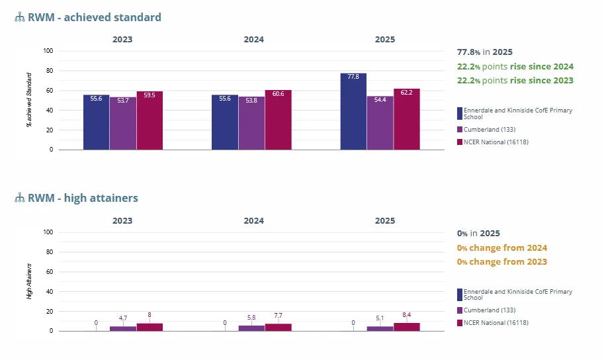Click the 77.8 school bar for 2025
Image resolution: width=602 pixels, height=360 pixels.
click(x=353, y=111)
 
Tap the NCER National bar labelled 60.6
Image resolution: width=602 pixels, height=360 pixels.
click(x=278, y=120)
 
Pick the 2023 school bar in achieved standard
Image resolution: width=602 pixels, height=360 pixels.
click(x=97, y=122)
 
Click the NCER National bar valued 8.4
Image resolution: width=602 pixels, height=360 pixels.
click(x=406, y=327)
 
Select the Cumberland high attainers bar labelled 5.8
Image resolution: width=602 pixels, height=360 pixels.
click(x=251, y=328)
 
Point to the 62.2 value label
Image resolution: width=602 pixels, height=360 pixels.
click(x=407, y=93)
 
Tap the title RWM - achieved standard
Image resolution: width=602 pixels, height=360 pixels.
click(x=94, y=17)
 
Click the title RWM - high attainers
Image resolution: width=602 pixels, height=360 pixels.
click(x=83, y=198)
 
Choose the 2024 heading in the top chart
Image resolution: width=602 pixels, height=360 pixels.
click(x=253, y=40)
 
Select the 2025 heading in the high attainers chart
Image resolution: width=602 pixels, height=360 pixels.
click(x=385, y=221)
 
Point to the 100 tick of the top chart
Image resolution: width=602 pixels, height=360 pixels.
click(x=48, y=51)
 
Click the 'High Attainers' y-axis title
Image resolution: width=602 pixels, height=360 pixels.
click(x=29, y=281)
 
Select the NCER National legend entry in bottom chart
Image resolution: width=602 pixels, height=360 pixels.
click(x=495, y=323)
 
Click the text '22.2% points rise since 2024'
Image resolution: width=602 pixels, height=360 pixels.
click(x=515, y=67)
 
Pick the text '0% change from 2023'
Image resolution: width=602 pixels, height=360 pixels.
click(x=501, y=261)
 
